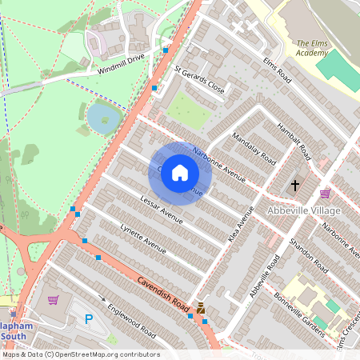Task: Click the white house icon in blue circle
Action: click(180, 173)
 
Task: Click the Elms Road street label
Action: click(274, 70)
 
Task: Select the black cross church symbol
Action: click(295, 186)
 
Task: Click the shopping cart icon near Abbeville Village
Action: click(326, 194)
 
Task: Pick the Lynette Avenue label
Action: click(142, 239)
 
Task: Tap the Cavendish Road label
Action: click(162, 293)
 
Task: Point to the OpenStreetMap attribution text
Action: click(80, 354)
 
